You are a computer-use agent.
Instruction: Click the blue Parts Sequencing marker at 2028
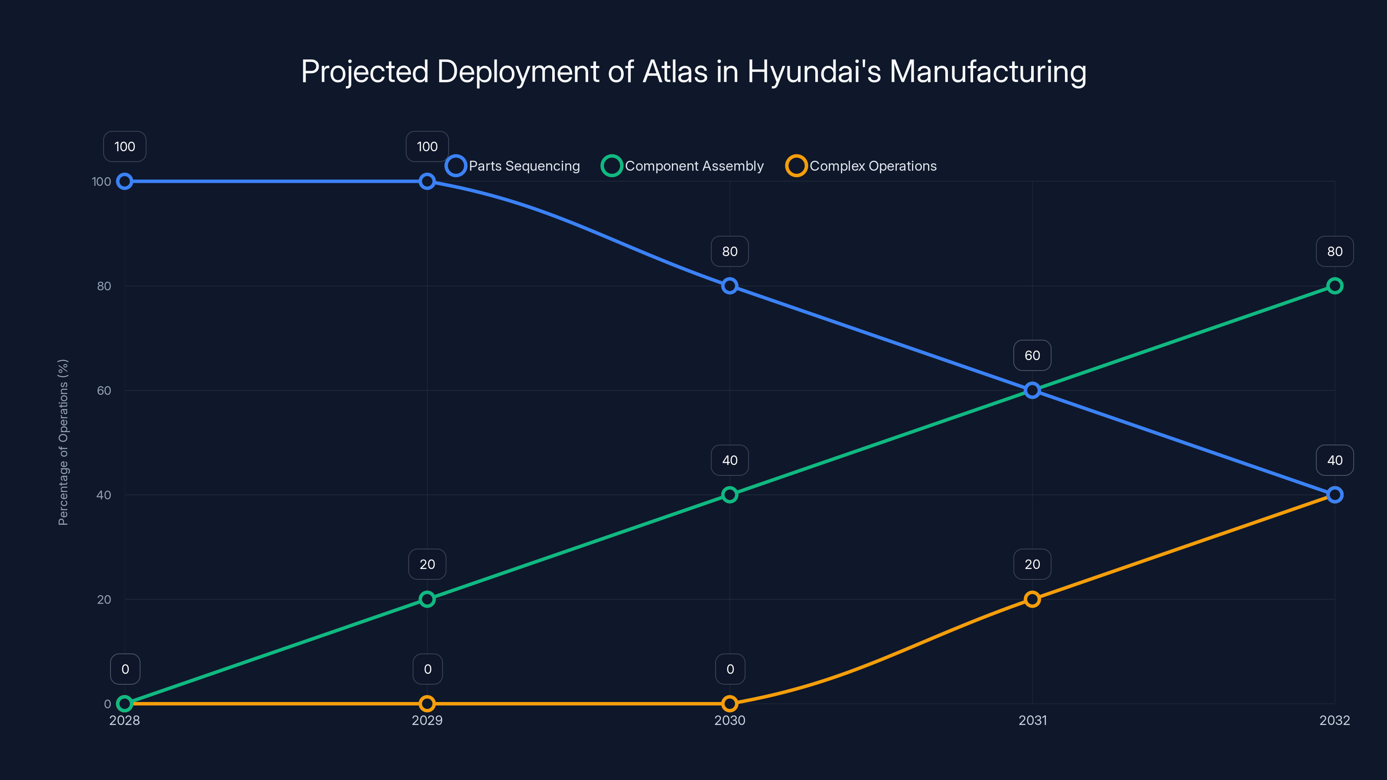(x=124, y=182)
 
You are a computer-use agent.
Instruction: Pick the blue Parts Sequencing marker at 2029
(x=427, y=182)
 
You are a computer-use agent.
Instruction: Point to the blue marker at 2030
(x=729, y=286)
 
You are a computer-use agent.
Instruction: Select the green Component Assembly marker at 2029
(x=427, y=599)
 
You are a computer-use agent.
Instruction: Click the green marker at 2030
(x=729, y=495)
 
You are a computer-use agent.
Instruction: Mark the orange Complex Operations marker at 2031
(x=1032, y=599)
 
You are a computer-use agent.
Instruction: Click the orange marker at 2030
(x=729, y=704)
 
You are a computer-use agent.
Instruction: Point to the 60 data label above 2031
(x=1032, y=355)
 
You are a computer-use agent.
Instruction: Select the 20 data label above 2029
(x=427, y=564)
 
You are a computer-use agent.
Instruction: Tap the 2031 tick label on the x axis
(x=1032, y=720)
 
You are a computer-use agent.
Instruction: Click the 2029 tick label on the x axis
(x=427, y=720)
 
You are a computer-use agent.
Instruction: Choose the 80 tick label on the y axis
(x=104, y=286)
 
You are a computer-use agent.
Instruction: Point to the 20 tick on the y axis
(x=104, y=599)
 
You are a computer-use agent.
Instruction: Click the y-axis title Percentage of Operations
(x=63, y=442)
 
